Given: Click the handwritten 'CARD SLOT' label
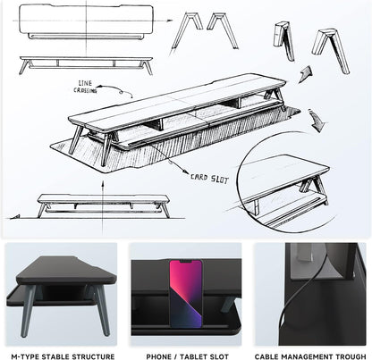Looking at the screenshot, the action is (x=210, y=179).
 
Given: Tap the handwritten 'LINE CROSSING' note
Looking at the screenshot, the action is (x=86, y=87).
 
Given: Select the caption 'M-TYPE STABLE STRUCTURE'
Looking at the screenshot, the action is (x=63, y=356).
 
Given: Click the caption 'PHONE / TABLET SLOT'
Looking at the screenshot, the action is (x=187, y=356).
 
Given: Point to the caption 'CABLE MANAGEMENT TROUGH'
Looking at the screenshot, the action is (x=310, y=356).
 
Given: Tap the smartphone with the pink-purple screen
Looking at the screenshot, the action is (x=186, y=294).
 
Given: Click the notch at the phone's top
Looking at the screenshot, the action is (x=186, y=262).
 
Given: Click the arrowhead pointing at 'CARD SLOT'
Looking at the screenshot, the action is (x=186, y=172).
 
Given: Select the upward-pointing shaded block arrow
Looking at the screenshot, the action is (x=306, y=74).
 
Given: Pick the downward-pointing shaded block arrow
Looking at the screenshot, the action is (x=317, y=120).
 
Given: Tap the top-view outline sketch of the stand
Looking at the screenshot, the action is (x=87, y=21).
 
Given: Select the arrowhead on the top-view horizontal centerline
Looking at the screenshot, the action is (x=170, y=21).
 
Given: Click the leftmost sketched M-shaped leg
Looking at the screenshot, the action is (x=181, y=33).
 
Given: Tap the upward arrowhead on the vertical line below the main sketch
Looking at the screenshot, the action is (x=103, y=184).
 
